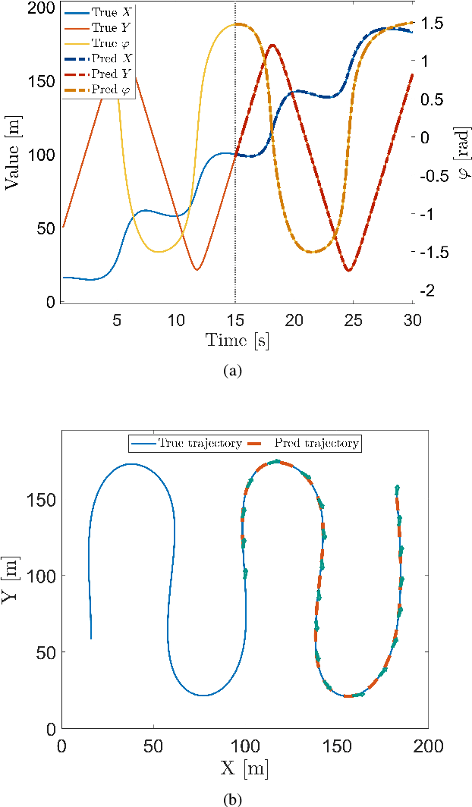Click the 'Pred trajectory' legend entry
(x=317, y=443)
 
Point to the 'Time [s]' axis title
(x=237, y=341)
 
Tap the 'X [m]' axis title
(x=244, y=769)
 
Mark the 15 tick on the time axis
(x=235, y=319)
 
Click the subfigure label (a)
(x=236, y=370)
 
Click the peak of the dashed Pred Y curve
(x=272, y=45)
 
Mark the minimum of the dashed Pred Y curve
(x=348, y=270)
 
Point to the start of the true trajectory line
(x=91, y=639)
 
